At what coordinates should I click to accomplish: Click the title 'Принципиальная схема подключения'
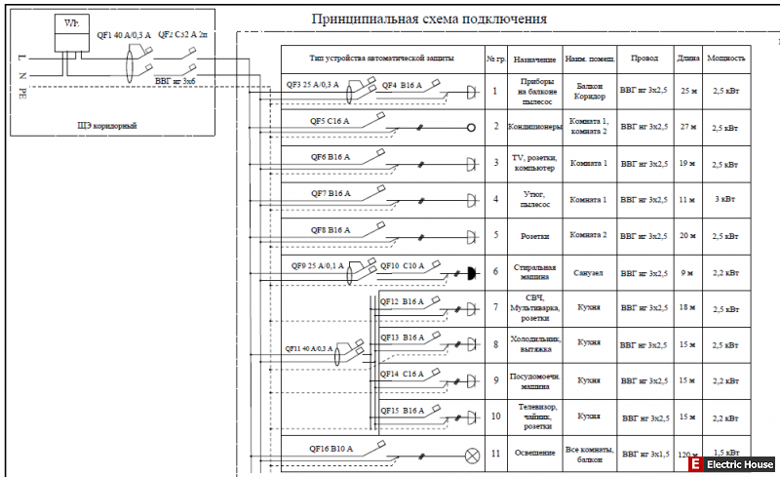tap(428, 19)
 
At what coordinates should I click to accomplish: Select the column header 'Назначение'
tap(533, 59)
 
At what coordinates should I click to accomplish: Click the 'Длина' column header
tap(687, 59)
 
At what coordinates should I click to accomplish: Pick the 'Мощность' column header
tap(727, 59)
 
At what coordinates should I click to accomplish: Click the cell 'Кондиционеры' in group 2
tap(534, 128)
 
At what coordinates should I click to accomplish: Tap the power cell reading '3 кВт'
tap(724, 200)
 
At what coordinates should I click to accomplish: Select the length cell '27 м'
tap(687, 128)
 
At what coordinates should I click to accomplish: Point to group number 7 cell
tap(495, 307)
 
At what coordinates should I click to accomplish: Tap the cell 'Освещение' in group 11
tap(533, 454)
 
